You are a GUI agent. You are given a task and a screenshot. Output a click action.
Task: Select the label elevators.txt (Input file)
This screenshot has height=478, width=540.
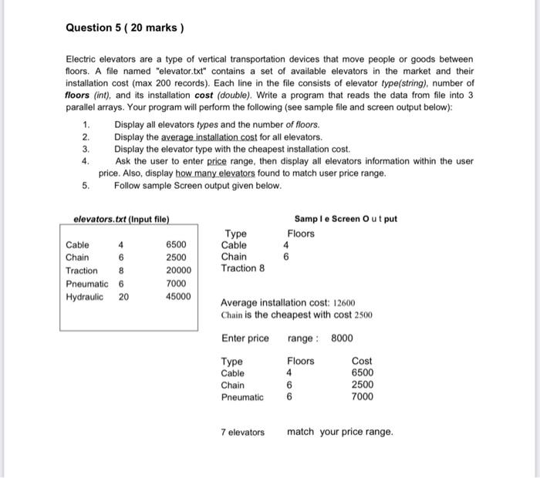(121, 220)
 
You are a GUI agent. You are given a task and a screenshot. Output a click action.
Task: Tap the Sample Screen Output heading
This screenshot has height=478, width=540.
(346, 219)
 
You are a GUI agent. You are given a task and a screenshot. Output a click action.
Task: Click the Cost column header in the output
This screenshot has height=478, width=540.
(361, 362)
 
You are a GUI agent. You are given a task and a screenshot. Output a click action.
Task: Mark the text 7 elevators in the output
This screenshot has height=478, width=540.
(242, 432)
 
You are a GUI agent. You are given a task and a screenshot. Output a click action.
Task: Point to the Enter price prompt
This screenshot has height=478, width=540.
(245, 338)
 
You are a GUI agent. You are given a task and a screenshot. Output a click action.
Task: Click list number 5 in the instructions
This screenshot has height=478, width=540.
(86, 185)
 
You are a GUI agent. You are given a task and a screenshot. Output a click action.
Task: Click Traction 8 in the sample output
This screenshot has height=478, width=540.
(242, 268)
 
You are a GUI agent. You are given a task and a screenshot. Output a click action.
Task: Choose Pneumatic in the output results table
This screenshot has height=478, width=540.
(242, 397)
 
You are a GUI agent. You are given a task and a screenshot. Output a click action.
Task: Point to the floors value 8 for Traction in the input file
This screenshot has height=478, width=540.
(121, 271)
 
